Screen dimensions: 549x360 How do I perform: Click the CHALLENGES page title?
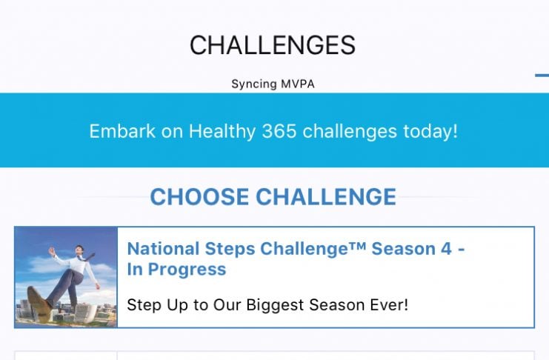coord(273,45)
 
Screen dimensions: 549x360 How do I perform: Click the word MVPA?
coord(298,84)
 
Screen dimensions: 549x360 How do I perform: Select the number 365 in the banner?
coord(279,131)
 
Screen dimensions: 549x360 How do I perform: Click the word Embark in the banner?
coord(122,131)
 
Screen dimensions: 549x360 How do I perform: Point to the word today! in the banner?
coord(430,132)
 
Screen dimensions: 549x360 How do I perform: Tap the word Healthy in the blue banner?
coord(222,132)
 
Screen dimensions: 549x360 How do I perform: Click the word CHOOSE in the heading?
coord(199,196)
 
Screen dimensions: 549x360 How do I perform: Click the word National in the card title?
coord(163,249)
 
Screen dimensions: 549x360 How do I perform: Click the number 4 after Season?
coord(447,249)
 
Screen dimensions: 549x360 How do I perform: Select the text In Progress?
coord(176,270)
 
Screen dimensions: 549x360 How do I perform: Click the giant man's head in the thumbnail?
coord(79,250)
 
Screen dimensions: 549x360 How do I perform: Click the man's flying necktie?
coord(87,258)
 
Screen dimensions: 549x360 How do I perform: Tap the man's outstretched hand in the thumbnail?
coord(52,251)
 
